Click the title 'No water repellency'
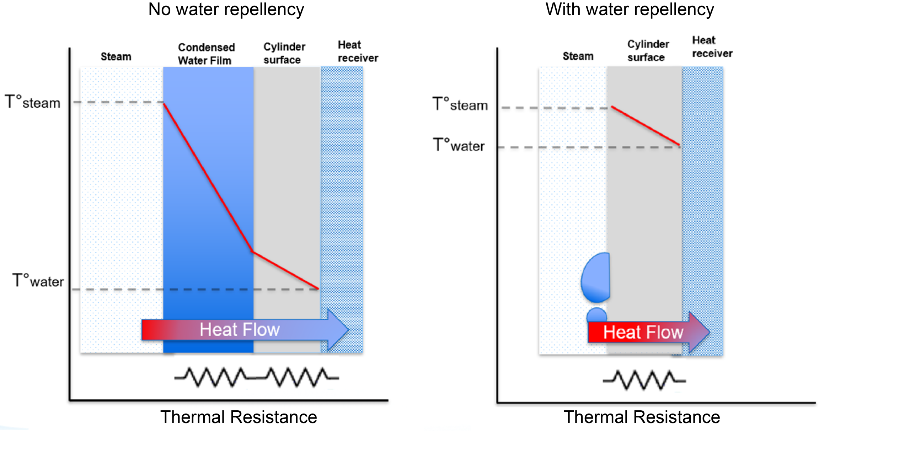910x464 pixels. pos(226,10)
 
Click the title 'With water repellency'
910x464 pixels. pos(630,10)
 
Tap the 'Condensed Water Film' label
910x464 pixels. pos(206,54)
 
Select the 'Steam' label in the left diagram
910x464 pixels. pos(116,56)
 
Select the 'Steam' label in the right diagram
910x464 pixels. pos(578,56)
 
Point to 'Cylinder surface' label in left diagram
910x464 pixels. pos(284,53)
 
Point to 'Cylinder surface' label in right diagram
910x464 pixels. pos(648,51)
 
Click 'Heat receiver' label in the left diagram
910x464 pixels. pos(358,52)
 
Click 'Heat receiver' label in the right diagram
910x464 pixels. pos(712,47)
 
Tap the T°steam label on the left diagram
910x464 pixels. pos(33,102)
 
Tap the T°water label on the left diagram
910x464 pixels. pos(38,281)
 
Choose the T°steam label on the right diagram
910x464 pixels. pos(460,104)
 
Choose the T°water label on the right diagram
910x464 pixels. pos(459,145)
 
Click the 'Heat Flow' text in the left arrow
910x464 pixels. pos(240,330)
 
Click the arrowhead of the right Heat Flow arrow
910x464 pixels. pos(699,332)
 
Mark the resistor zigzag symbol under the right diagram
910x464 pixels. pos(644,380)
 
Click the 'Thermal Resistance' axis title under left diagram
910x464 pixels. pos(239,417)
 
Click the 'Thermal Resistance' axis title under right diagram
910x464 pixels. pos(642,417)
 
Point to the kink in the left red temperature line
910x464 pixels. pos(252,252)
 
